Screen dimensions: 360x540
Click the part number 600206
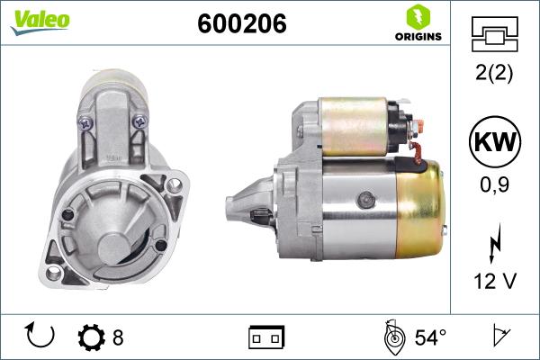[241, 25]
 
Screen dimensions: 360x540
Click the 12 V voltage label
[496, 282]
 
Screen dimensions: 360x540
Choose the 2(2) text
[496, 75]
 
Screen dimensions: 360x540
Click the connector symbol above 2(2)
[496, 33]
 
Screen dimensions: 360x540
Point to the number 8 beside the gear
[118, 338]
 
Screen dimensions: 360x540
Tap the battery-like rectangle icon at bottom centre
[265, 338]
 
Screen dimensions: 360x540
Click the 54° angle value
[430, 338]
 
